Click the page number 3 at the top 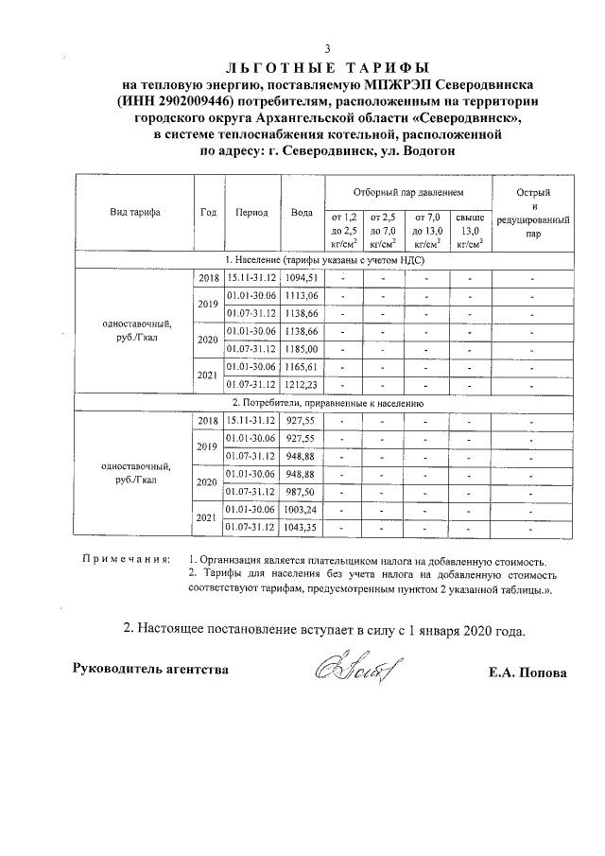tap(327, 50)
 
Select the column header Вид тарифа tap(133, 212)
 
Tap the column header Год tap(209, 212)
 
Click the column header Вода tap(302, 212)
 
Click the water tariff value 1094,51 tap(303, 277)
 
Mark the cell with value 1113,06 tap(303, 295)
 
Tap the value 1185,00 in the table tap(303, 348)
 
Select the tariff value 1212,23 tap(303, 384)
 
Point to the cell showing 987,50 tap(303, 492)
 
